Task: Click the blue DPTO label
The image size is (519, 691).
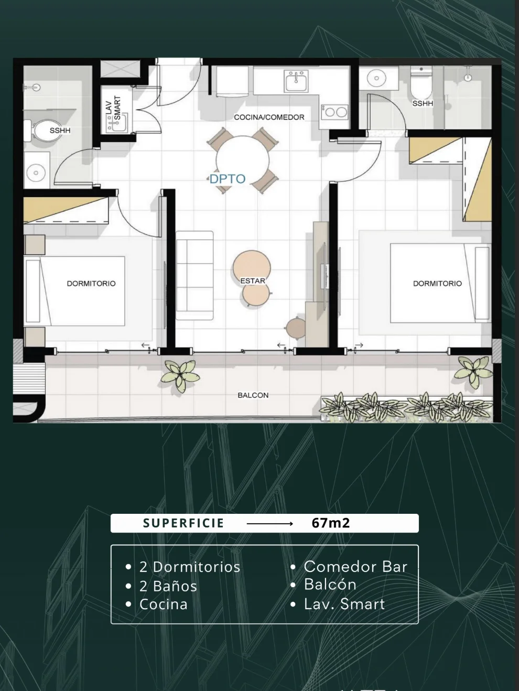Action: pyautogui.click(x=227, y=179)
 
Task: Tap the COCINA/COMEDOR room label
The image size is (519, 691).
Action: pyautogui.click(x=269, y=117)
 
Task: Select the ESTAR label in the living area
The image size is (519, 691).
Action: pyautogui.click(x=253, y=281)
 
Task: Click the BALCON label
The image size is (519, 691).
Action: pyautogui.click(x=253, y=395)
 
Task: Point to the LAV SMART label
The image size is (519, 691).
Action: pyautogui.click(x=113, y=108)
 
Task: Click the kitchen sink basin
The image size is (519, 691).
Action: pyautogui.click(x=296, y=81)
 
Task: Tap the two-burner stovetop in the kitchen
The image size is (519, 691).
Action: pyautogui.click(x=334, y=112)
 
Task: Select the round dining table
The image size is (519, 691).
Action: pyautogui.click(x=243, y=160)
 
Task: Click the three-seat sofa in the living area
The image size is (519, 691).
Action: pyautogui.click(x=194, y=275)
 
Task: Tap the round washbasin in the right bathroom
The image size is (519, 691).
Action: pyautogui.click(x=377, y=78)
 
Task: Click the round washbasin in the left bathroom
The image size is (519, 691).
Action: pyautogui.click(x=36, y=172)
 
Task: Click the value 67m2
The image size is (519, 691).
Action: pyautogui.click(x=331, y=523)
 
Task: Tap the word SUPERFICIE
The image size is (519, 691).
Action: pyautogui.click(x=183, y=523)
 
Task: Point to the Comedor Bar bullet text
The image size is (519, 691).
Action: pyautogui.click(x=355, y=567)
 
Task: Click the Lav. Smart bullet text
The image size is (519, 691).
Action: pyautogui.click(x=344, y=604)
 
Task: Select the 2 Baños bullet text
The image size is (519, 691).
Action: pyautogui.click(x=168, y=586)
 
